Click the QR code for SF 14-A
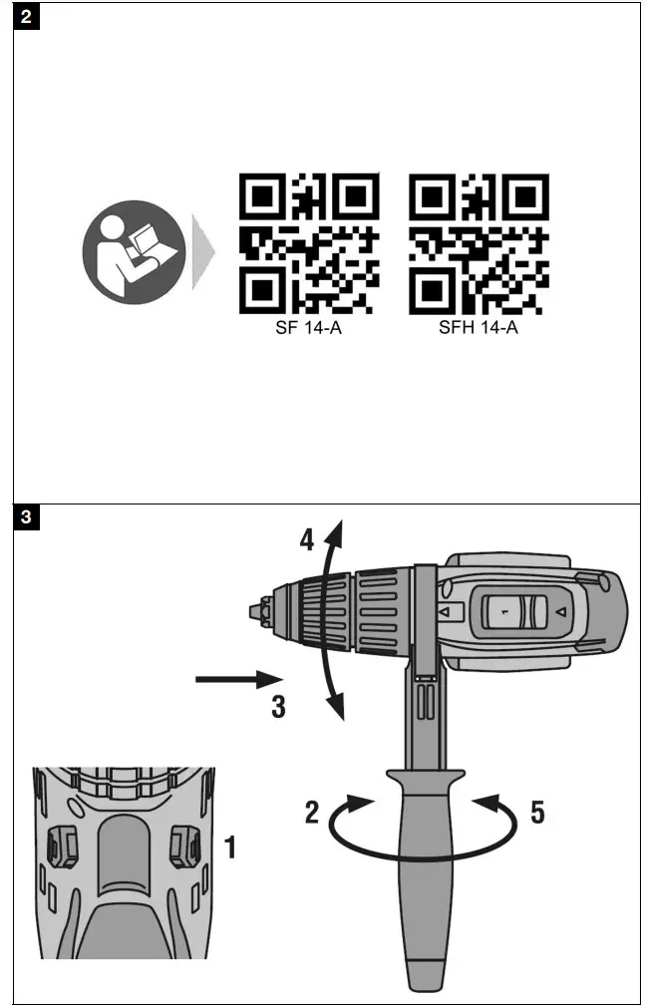309,243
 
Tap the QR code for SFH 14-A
479,243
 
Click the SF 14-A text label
309,328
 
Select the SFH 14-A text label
479,328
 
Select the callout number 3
279,707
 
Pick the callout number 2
312,814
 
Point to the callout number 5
537,814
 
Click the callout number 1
229,849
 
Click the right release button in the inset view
185,844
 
